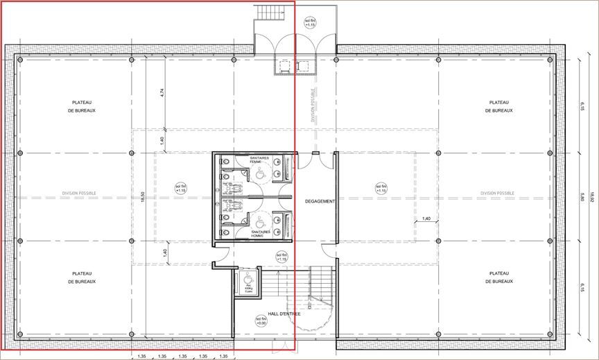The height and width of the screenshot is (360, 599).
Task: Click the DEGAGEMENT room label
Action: tap(320, 201)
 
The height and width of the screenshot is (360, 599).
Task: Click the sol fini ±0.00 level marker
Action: tap(261, 320)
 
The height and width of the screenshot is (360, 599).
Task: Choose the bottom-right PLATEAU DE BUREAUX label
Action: tap(499, 277)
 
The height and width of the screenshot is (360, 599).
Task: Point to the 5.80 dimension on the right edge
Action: tap(583, 197)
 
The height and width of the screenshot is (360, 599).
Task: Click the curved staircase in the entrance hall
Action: tap(320, 291)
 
